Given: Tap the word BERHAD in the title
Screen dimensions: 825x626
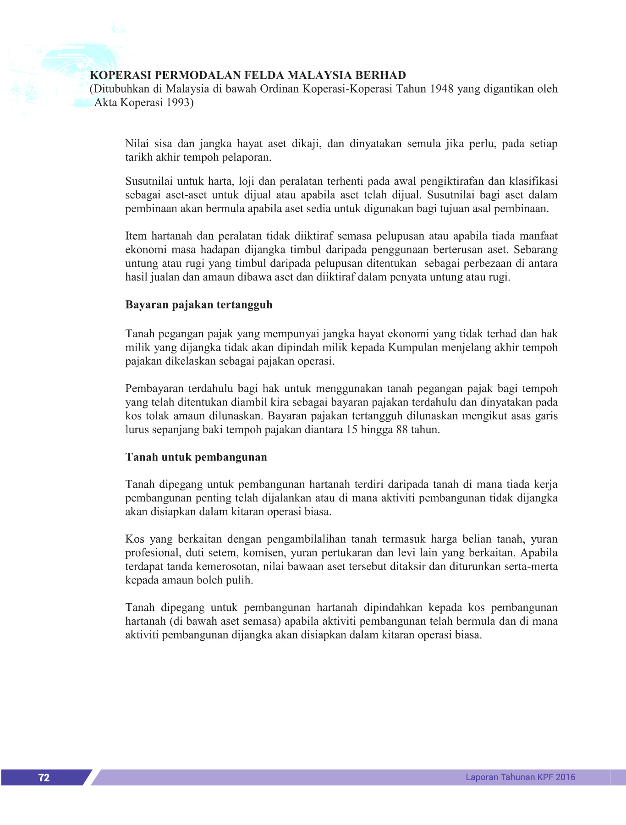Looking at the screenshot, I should click(x=381, y=75).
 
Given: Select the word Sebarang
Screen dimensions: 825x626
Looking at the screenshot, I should click(x=535, y=250).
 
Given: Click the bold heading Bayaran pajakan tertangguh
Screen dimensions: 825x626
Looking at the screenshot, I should click(x=199, y=305).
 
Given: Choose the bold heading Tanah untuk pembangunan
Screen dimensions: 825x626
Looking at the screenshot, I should click(x=196, y=457).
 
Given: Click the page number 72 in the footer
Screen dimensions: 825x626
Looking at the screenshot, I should click(x=44, y=777).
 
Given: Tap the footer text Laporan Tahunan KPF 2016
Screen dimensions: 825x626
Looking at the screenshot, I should click(x=520, y=777).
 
